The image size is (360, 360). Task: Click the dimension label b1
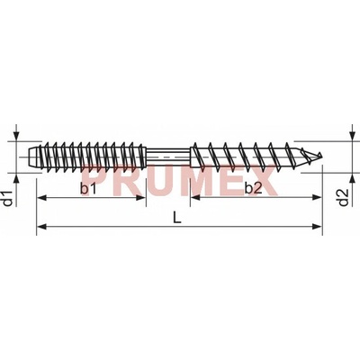88,189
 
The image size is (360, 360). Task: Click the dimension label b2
254,189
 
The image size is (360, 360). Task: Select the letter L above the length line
177,218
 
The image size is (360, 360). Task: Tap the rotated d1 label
9,198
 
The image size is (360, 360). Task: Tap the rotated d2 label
344,198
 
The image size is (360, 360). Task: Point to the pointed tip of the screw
321,155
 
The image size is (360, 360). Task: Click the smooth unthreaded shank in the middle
168,156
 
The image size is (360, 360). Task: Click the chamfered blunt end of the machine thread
33,156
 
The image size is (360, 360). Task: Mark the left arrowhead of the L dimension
41,226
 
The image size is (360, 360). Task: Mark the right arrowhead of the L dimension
317,226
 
